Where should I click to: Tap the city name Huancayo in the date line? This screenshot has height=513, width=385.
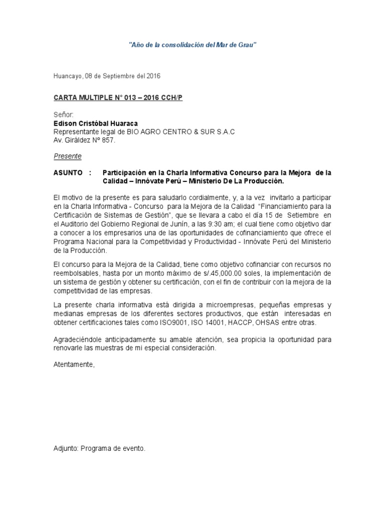(67, 76)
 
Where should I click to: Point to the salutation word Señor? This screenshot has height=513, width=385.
(63, 115)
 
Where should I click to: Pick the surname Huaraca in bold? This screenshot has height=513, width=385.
(125, 123)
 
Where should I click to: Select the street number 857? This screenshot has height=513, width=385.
(107, 140)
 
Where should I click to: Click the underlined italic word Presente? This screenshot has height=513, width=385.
(67, 156)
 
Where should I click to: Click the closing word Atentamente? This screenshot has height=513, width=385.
(74, 365)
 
